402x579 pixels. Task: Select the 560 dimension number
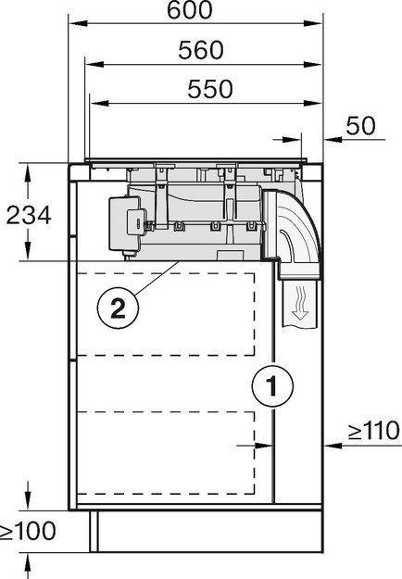pos(201,50)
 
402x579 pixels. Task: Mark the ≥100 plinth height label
pos(28,531)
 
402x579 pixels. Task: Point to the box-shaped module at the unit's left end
pos(126,221)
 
